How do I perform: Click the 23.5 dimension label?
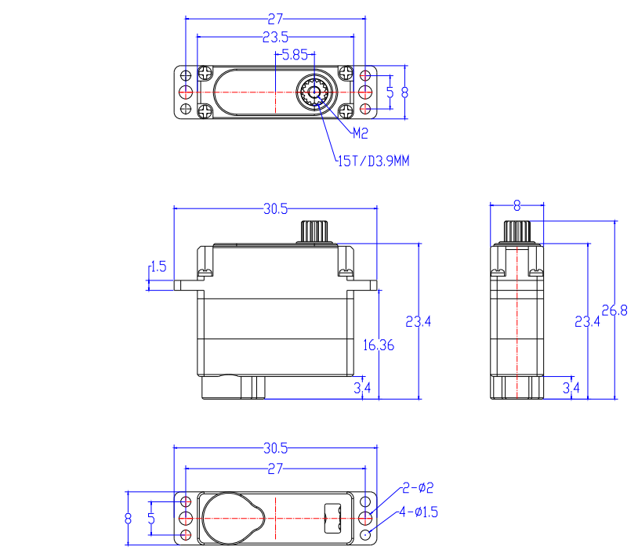click(275, 37)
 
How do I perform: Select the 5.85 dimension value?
click(295, 55)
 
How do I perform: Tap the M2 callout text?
click(360, 133)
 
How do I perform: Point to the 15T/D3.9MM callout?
click(374, 161)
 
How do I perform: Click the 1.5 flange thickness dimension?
click(158, 266)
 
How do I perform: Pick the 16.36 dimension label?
click(379, 346)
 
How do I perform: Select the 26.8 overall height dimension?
click(614, 310)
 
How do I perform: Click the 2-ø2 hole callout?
click(418, 487)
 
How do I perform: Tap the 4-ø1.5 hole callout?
click(419, 512)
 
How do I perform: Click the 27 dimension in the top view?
click(275, 19)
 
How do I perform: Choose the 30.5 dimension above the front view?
click(275, 208)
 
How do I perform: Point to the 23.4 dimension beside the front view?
click(418, 322)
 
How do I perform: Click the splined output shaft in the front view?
click(314, 231)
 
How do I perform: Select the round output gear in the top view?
click(314, 92)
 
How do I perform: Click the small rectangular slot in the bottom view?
click(332, 519)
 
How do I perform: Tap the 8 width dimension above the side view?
click(517, 205)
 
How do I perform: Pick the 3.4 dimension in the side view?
click(571, 388)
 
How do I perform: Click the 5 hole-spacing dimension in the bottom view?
click(151, 519)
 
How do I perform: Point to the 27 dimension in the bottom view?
click(275, 469)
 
